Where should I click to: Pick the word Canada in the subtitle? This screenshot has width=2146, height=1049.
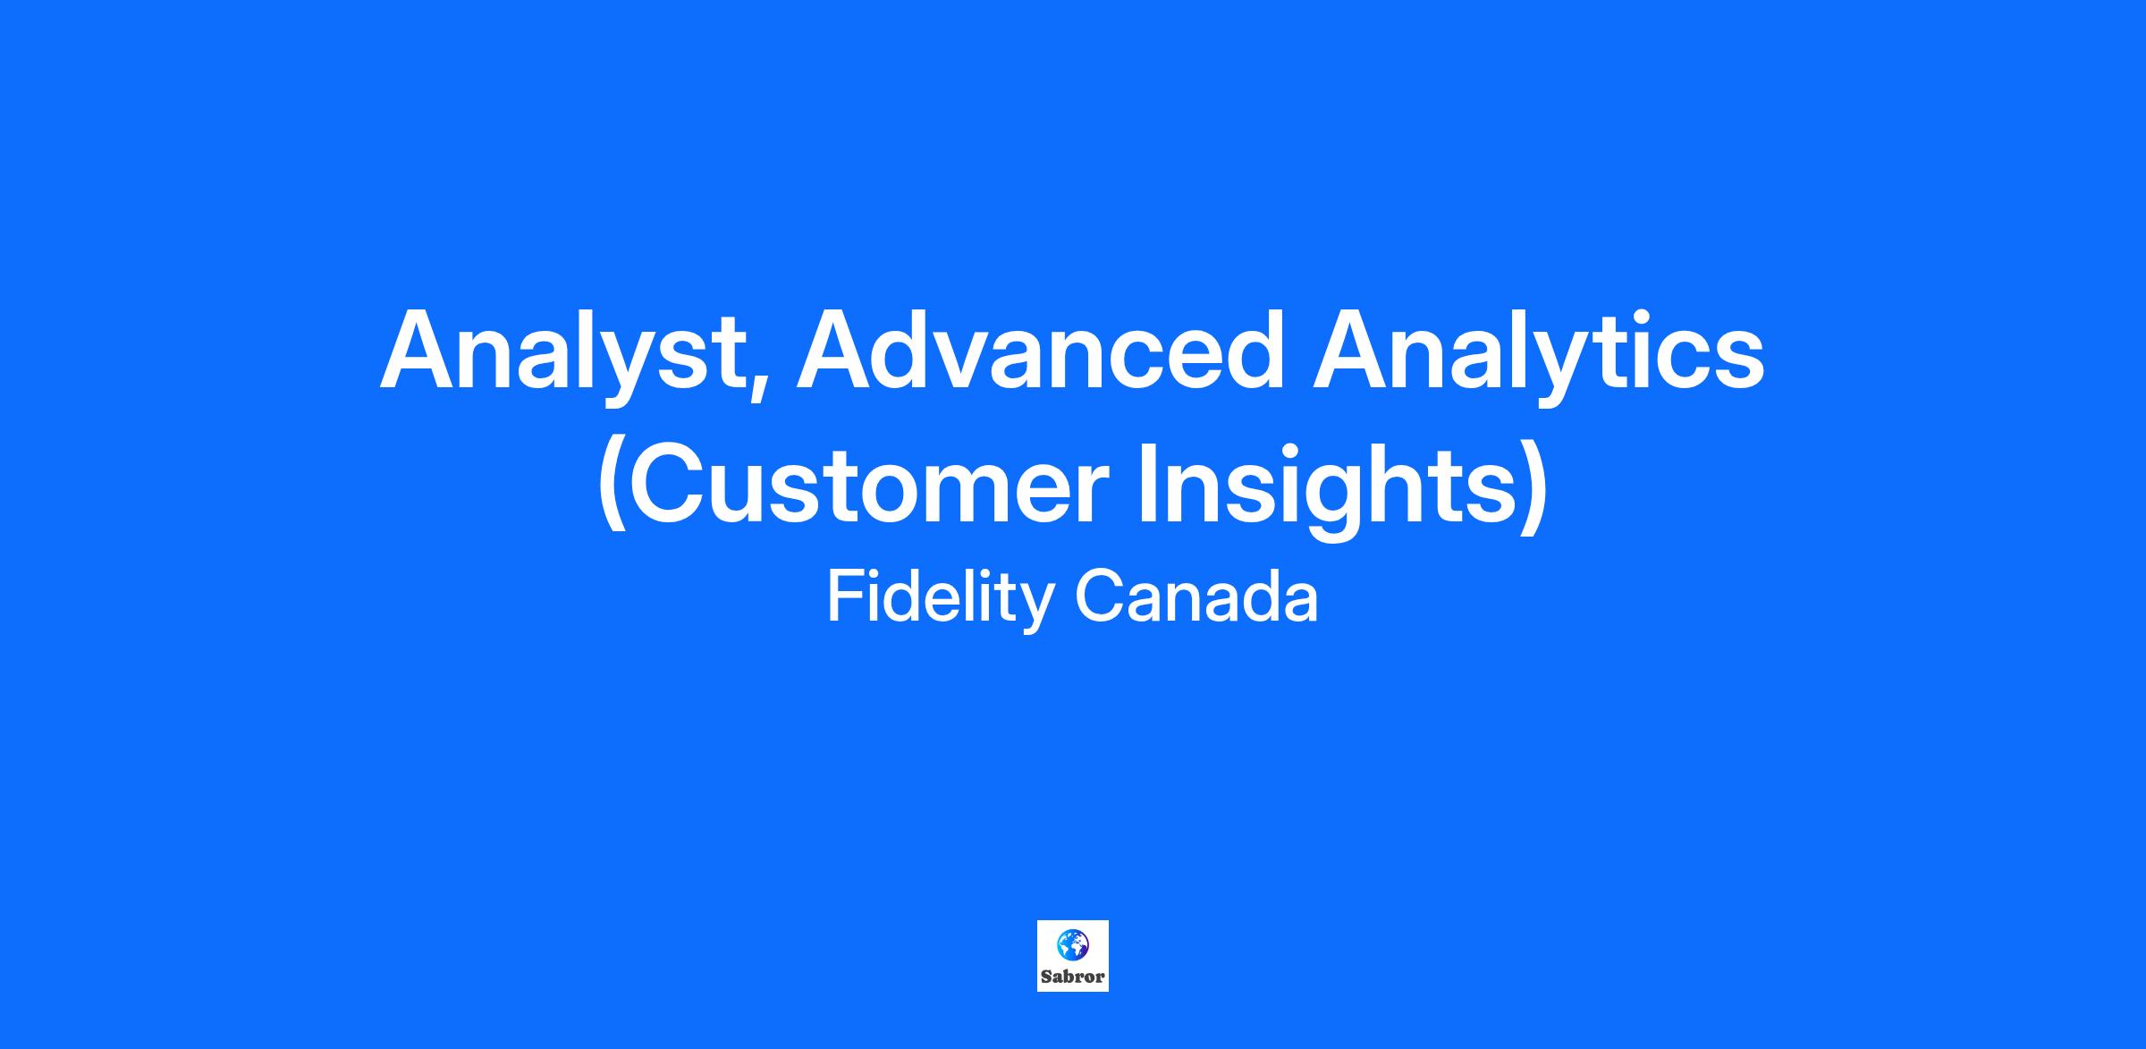[x=1196, y=596]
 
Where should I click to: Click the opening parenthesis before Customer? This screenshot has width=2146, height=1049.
[x=611, y=488]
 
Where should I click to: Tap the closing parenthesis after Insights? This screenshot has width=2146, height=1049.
[x=1534, y=488]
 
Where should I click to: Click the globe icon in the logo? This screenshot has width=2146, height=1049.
[x=1072, y=945]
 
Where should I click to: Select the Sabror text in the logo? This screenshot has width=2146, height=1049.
[x=1073, y=977]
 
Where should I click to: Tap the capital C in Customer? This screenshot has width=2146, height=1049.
[x=668, y=483]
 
